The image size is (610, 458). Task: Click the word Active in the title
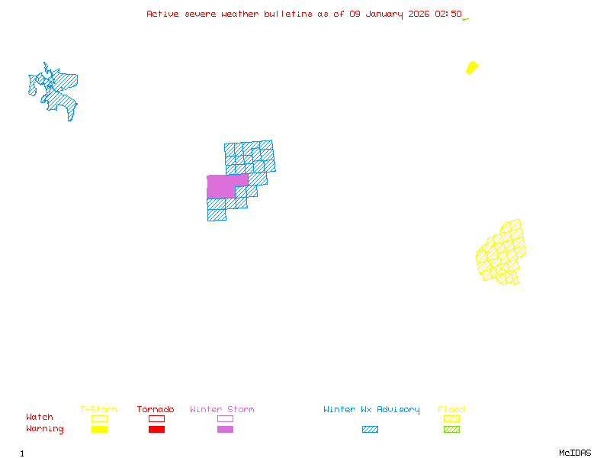[x=163, y=14]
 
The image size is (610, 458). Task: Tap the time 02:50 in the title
[x=448, y=14]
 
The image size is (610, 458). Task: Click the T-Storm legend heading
[x=98, y=410]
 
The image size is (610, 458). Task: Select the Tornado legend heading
[x=156, y=410]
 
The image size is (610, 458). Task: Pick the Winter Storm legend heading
[x=222, y=410]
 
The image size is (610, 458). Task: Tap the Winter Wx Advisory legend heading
[x=371, y=410]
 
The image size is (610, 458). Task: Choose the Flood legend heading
[x=451, y=410]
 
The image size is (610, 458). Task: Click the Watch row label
[x=40, y=418]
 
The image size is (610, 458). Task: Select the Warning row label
[x=45, y=429]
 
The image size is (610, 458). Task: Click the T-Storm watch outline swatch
[x=99, y=418]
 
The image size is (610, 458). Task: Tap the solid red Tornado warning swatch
[x=156, y=429]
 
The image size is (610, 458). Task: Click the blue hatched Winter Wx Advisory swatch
[x=370, y=429]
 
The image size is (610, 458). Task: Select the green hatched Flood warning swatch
[x=451, y=429]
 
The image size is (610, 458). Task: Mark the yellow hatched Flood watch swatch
[x=451, y=418]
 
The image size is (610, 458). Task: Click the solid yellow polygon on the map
[x=472, y=68]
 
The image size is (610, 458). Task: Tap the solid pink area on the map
[x=223, y=185]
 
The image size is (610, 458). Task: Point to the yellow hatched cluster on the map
[x=502, y=253]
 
